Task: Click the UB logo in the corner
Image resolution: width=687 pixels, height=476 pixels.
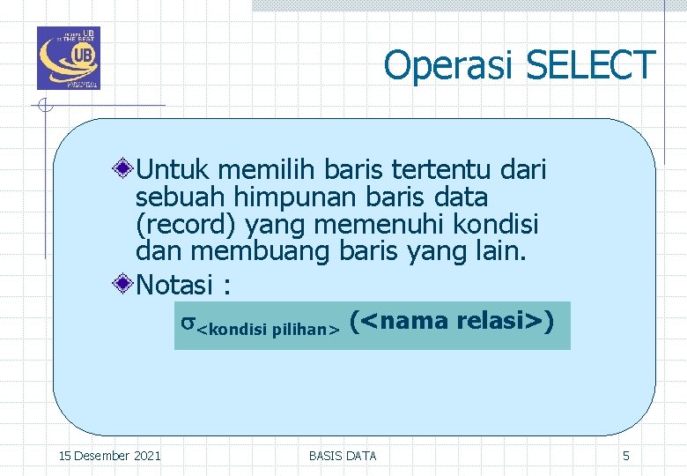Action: point(68,58)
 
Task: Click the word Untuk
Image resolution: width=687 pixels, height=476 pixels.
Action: point(174,167)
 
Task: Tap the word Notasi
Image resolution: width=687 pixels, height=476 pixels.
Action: point(175,285)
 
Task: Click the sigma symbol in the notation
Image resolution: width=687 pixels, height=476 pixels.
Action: point(188,324)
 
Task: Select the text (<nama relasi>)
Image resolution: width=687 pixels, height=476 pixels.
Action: point(452,322)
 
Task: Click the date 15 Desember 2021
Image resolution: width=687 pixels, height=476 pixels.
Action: point(109,456)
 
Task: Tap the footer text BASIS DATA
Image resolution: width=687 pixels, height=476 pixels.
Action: point(343,456)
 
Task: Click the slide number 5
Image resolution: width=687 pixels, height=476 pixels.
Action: point(625,456)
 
